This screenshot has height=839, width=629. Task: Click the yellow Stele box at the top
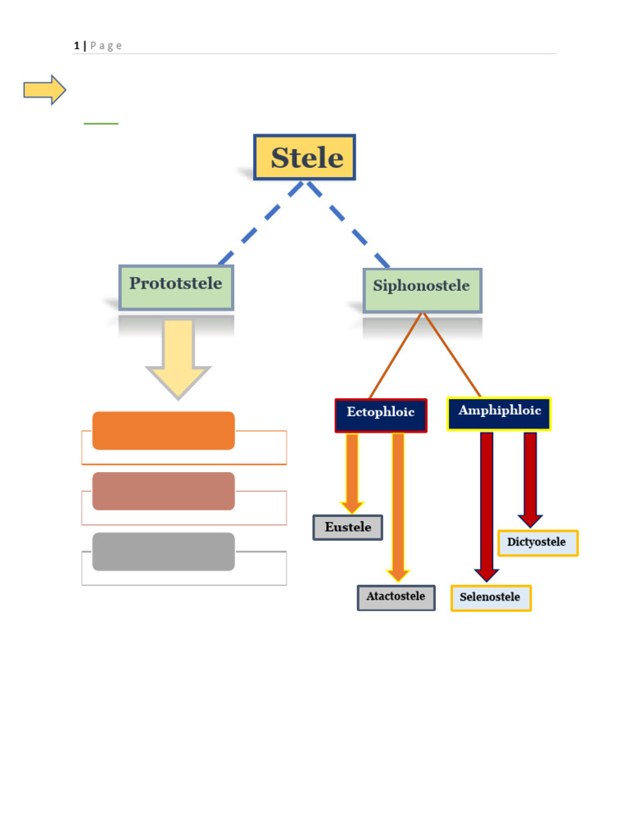click(305, 157)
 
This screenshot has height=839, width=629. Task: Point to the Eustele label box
click(347, 528)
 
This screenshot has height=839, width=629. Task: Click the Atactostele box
click(396, 597)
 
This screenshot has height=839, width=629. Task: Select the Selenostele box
click(491, 598)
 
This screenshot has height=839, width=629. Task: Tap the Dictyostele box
click(537, 543)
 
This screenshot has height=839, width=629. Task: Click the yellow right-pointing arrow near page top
click(44, 90)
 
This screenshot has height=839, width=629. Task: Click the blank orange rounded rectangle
click(164, 431)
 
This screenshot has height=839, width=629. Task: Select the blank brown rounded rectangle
click(164, 492)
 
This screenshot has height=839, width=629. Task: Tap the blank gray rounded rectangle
click(164, 551)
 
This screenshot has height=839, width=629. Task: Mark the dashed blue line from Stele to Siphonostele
click(348, 224)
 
